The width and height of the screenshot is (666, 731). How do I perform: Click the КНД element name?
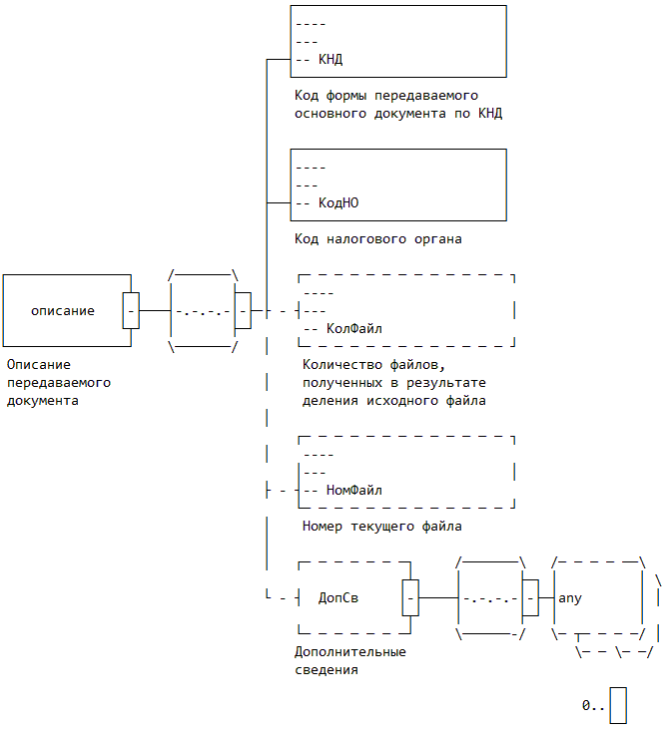click(x=331, y=60)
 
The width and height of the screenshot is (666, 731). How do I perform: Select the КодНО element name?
click(x=338, y=202)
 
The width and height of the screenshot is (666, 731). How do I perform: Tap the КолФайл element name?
click(x=354, y=328)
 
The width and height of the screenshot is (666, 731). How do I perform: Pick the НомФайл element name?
click(x=354, y=490)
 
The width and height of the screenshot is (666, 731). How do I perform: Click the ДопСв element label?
click(x=338, y=598)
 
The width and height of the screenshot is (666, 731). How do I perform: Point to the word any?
click(x=570, y=598)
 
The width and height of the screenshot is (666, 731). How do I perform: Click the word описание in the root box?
click(x=63, y=311)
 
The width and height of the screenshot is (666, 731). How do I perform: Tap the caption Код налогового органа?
click(x=378, y=239)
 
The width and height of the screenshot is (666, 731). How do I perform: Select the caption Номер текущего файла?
click(x=382, y=526)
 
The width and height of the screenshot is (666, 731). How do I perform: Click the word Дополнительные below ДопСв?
click(x=350, y=652)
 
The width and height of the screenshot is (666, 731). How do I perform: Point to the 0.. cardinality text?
click(x=593, y=705)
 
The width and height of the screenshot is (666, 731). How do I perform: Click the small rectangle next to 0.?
click(x=618, y=704)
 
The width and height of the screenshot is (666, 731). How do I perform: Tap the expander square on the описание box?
click(x=131, y=311)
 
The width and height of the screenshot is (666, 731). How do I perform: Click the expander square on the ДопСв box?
click(x=410, y=598)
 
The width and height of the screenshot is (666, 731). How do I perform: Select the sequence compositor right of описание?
click(x=204, y=311)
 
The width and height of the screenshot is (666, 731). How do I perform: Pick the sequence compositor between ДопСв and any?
click(x=490, y=598)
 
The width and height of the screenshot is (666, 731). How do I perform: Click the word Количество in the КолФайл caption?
click(x=342, y=365)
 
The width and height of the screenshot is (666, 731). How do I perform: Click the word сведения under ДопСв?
click(x=327, y=670)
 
